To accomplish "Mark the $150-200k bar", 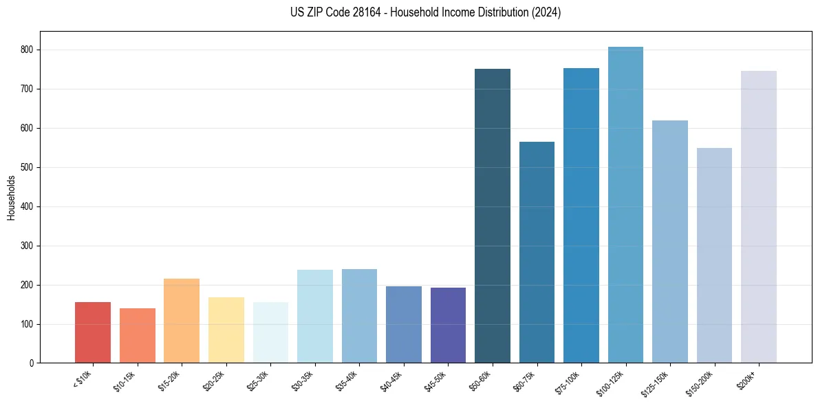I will (x=714, y=255).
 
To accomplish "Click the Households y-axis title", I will (x=12, y=197).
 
